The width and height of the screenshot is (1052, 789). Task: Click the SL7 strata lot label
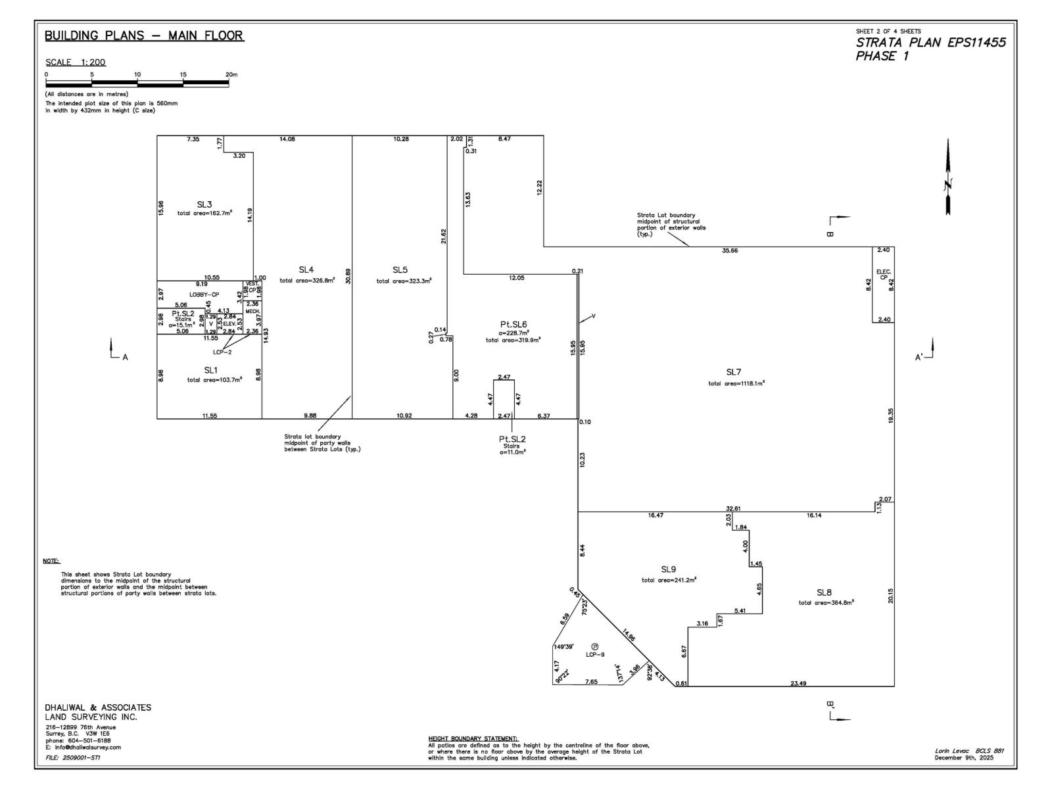coord(734,372)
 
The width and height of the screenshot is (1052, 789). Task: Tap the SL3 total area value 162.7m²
coord(204,213)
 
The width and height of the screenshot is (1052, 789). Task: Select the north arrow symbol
coord(947,178)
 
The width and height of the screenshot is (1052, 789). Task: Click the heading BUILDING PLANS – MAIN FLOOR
coord(144,36)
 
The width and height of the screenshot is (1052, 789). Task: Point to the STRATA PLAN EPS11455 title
coord(930,43)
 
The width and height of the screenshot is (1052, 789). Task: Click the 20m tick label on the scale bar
coord(231,74)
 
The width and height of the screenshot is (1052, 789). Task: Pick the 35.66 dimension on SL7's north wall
coord(730,251)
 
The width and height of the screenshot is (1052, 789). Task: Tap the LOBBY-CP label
coord(204,295)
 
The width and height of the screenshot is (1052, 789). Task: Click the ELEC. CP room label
coord(883,274)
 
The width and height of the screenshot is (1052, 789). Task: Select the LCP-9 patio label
coord(595,655)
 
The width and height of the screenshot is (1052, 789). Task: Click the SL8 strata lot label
coord(825,592)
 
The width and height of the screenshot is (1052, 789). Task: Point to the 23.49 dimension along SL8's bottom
coord(798,684)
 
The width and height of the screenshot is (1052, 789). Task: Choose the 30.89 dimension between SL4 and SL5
coord(348,276)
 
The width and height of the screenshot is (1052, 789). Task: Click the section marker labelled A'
coord(919,357)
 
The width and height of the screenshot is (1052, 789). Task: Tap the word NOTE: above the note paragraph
coord(51,561)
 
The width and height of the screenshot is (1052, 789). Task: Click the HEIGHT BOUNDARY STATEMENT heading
coord(473,738)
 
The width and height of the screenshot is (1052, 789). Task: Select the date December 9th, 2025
coord(964,757)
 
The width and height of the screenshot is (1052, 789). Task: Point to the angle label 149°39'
coord(564,646)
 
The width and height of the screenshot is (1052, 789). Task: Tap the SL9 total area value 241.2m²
coord(669,580)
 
